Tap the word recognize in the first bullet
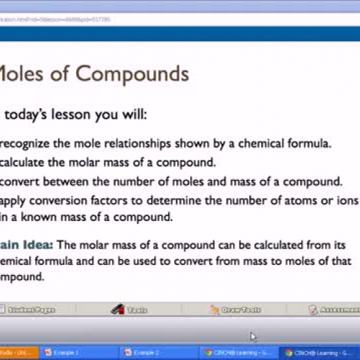point(29,143)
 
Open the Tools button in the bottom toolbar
point(137,310)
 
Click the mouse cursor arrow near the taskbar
point(253,336)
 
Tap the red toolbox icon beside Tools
point(117,310)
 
